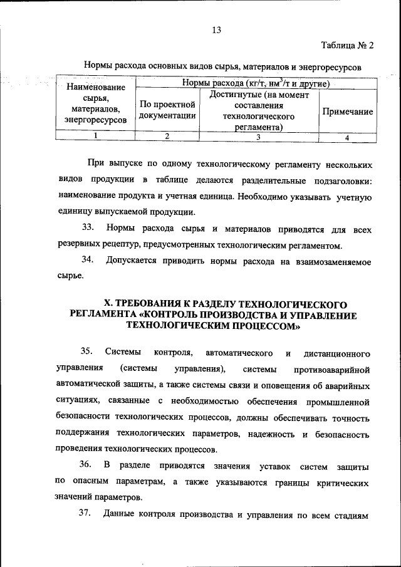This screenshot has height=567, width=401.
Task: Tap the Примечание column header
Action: [x=347, y=111]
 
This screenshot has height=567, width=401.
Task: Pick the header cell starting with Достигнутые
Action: [x=259, y=110]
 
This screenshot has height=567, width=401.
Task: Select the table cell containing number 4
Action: [x=347, y=137]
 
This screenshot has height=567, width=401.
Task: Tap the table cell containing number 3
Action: [x=258, y=137]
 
